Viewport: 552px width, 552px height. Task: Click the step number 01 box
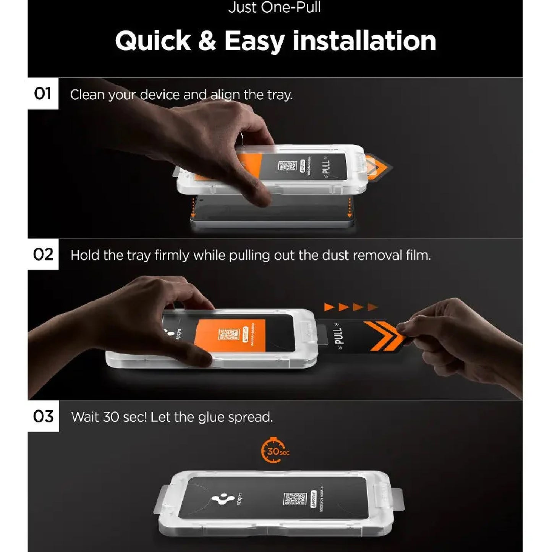click(x=42, y=94)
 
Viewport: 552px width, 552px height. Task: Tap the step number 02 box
click(x=43, y=254)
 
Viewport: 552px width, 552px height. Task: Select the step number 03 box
click(x=43, y=416)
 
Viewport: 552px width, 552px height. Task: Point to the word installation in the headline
click(x=364, y=41)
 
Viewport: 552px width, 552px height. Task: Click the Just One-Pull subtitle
click(x=275, y=8)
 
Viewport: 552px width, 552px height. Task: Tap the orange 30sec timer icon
click(x=274, y=451)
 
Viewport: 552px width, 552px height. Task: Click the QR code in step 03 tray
click(x=295, y=499)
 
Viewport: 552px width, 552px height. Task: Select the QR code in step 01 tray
click(x=287, y=166)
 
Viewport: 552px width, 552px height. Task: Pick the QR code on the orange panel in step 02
click(x=228, y=335)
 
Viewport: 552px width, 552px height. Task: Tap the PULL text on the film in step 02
click(x=338, y=336)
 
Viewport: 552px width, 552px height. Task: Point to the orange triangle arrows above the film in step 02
click(x=351, y=307)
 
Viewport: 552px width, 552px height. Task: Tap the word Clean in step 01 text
click(x=87, y=95)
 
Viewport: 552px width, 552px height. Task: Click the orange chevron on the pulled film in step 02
click(x=382, y=336)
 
